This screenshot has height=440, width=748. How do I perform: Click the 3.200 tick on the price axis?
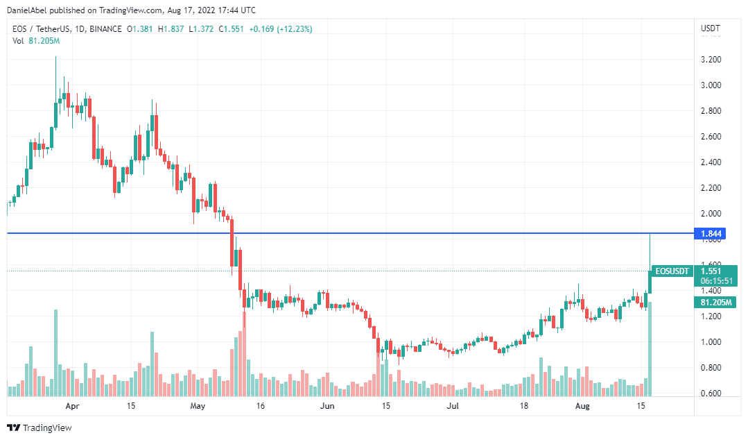pos(711,60)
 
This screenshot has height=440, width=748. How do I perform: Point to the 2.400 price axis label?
pos(711,162)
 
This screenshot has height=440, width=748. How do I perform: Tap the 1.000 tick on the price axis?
pos(711,342)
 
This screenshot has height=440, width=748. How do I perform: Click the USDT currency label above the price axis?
pos(711,29)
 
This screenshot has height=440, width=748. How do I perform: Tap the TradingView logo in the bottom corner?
pos(40,428)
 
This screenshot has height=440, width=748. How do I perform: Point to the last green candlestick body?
pos(650,281)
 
